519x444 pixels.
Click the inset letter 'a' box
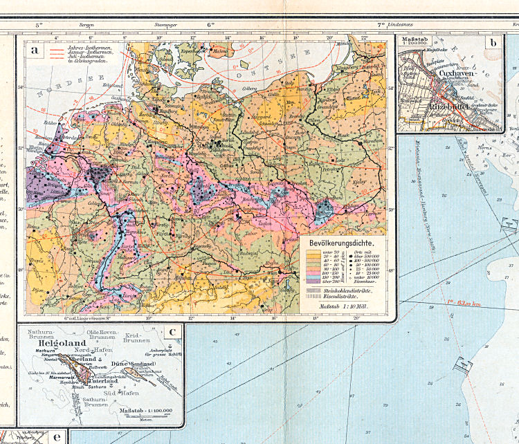[x=32, y=50]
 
